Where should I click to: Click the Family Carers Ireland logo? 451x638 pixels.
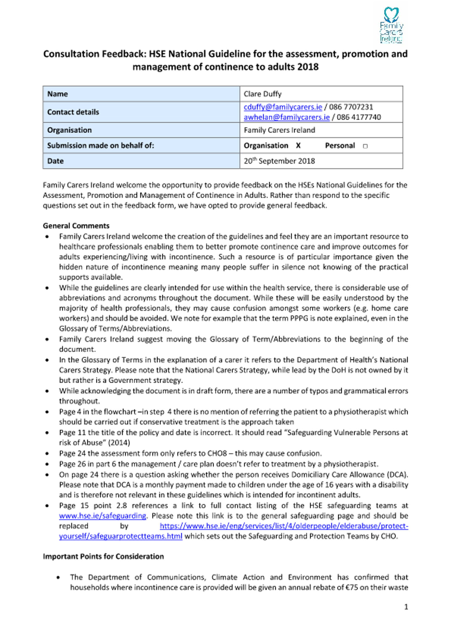pyautogui.click(x=391, y=25)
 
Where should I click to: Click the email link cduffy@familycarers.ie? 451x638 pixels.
pyautogui.click(x=282, y=107)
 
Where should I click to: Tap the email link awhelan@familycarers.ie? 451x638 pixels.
pyautogui.click(x=286, y=117)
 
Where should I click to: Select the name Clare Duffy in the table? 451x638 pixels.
pyautogui.click(x=262, y=94)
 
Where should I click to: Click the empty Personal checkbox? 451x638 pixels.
pyautogui.click(x=365, y=146)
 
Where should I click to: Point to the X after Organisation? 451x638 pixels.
pyautogui.click(x=298, y=145)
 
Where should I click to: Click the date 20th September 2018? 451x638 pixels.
pyautogui.click(x=279, y=161)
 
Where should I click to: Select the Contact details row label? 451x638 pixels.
pyautogui.click(x=73, y=112)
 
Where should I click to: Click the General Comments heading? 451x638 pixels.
pyautogui.click(x=76, y=226)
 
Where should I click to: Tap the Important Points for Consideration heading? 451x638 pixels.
pyautogui.click(x=103, y=556)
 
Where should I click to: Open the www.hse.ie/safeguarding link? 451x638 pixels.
pyautogui.click(x=102, y=516)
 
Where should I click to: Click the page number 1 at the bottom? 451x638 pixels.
pyautogui.click(x=406, y=607)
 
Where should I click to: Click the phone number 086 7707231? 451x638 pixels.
pyautogui.click(x=351, y=107)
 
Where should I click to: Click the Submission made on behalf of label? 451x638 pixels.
pyautogui.click(x=100, y=145)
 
